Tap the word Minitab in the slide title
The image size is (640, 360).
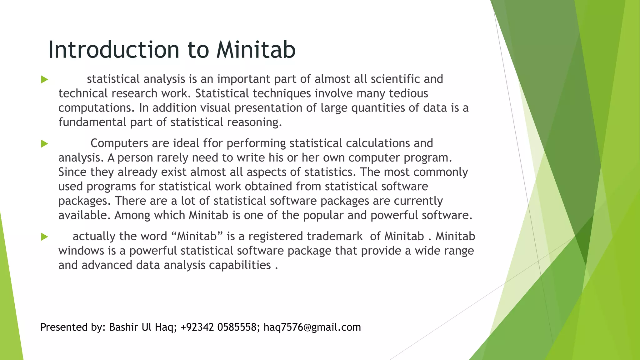[x=256, y=50]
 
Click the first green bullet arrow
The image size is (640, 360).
[x=44, y=79]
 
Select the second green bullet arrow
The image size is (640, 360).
[x=44, y=144]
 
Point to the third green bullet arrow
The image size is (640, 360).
[x=44, y=237]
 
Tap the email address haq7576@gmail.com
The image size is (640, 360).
[x=312, y=327]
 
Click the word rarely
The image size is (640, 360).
[x=172, y=158]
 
